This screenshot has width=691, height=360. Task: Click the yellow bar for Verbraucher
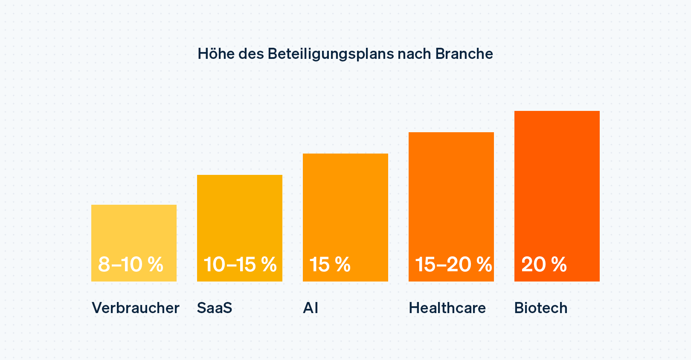[134, 230]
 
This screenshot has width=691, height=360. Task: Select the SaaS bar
[240, 213]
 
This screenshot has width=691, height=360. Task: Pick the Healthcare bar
[451, 192]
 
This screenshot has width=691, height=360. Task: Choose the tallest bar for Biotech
[557, 179]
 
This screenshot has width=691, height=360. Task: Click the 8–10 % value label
[131, 264]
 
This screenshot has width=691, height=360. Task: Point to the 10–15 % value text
[240, 264]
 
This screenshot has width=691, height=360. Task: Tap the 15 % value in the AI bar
[330, 264]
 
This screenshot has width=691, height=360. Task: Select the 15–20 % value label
[453, 264]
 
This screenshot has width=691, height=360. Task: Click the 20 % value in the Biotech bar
[544, 264]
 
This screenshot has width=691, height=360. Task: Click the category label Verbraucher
[136, 308]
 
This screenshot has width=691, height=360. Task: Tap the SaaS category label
[215, 308]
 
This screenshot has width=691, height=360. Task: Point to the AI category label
[311, 308]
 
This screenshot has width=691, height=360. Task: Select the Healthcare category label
[447, 308]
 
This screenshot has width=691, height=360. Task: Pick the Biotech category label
[541, 308]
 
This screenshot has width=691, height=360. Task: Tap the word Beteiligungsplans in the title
[331, 54]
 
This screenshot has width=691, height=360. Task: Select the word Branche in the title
[464, 54]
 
